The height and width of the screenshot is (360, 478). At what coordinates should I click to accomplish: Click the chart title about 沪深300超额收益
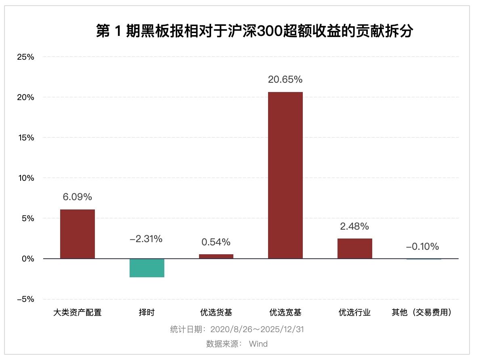(x=254, y=31)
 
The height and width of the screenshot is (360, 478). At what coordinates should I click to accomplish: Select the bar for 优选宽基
(x=285, y=175)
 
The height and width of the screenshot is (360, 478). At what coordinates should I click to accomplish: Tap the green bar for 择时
(x=147, y=268)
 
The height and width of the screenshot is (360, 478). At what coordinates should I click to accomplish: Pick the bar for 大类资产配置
(x=78, y=234)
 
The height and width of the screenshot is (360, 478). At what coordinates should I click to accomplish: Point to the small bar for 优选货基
(x=216, y=256)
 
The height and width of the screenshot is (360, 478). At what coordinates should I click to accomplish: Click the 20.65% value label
(x=285, y=80)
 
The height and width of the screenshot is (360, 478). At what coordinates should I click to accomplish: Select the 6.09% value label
(x=78, y=197)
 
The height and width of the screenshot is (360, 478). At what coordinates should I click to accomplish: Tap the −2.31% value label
(x=146, y=239)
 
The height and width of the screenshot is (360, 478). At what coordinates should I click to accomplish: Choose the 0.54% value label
(x=216, y=242)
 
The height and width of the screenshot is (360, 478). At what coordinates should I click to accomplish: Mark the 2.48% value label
(x=354, y=226)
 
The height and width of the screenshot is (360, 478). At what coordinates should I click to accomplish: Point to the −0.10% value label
(x=422, y=247)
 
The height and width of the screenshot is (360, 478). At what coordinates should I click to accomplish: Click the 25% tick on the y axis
(x=25, y=57)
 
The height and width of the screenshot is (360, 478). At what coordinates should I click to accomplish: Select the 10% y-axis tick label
(x=25, y=178)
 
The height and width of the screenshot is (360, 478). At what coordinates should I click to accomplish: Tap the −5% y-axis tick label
(x=25, y=299)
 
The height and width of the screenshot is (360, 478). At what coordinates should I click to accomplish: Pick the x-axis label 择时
(x=147, y=312)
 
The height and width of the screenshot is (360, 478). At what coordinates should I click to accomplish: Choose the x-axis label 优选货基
(x=216, y=312)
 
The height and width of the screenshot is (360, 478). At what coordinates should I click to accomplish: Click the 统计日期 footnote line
(x=237, y=329)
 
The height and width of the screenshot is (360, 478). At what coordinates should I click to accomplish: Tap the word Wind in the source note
(x=258, y=344)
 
